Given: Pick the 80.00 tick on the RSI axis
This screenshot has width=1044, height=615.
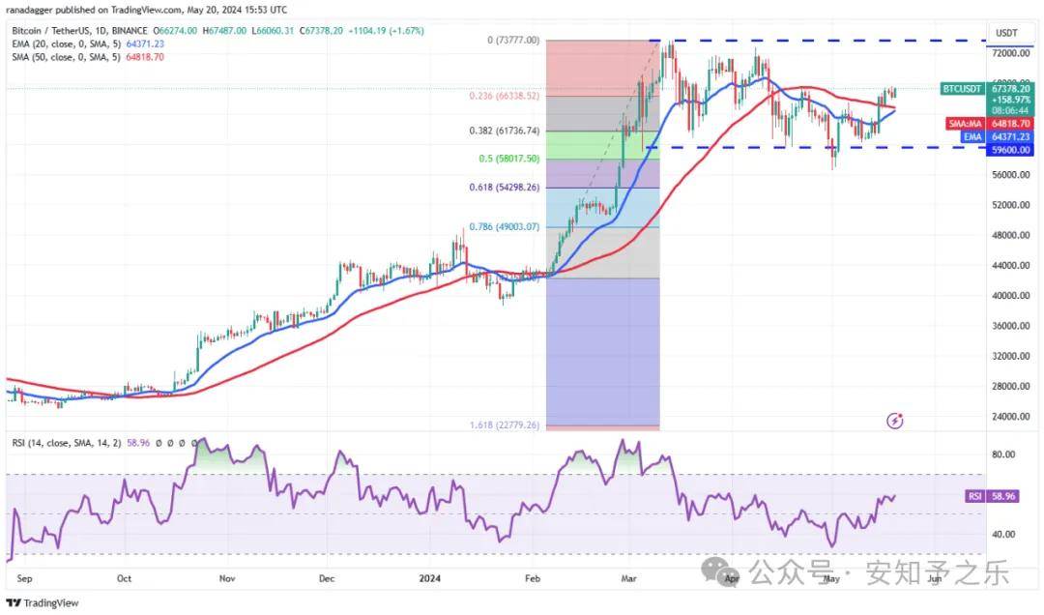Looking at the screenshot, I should pyautogui.click(x=1002, y=454).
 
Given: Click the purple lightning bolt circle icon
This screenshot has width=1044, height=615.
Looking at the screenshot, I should pyautogui.click(x=895, y=421).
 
